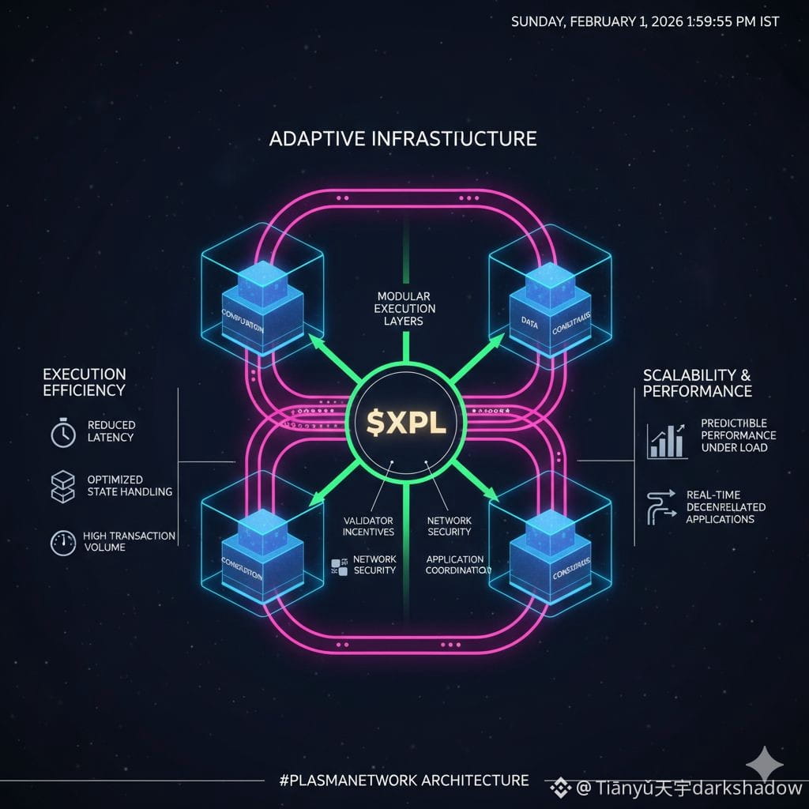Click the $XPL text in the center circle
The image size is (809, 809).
404,422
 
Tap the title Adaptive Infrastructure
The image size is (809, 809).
403,139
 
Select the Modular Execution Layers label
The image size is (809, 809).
405,308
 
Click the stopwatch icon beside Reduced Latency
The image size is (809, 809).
63,432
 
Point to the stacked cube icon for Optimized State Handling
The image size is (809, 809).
62,486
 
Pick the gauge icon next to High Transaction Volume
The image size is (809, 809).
62,542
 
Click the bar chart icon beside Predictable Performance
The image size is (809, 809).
667,441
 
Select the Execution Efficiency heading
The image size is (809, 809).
84,382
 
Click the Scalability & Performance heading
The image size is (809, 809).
697,382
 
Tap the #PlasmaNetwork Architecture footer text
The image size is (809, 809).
404,781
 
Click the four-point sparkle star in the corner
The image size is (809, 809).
766,764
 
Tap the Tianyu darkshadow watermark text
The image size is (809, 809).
679,788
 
